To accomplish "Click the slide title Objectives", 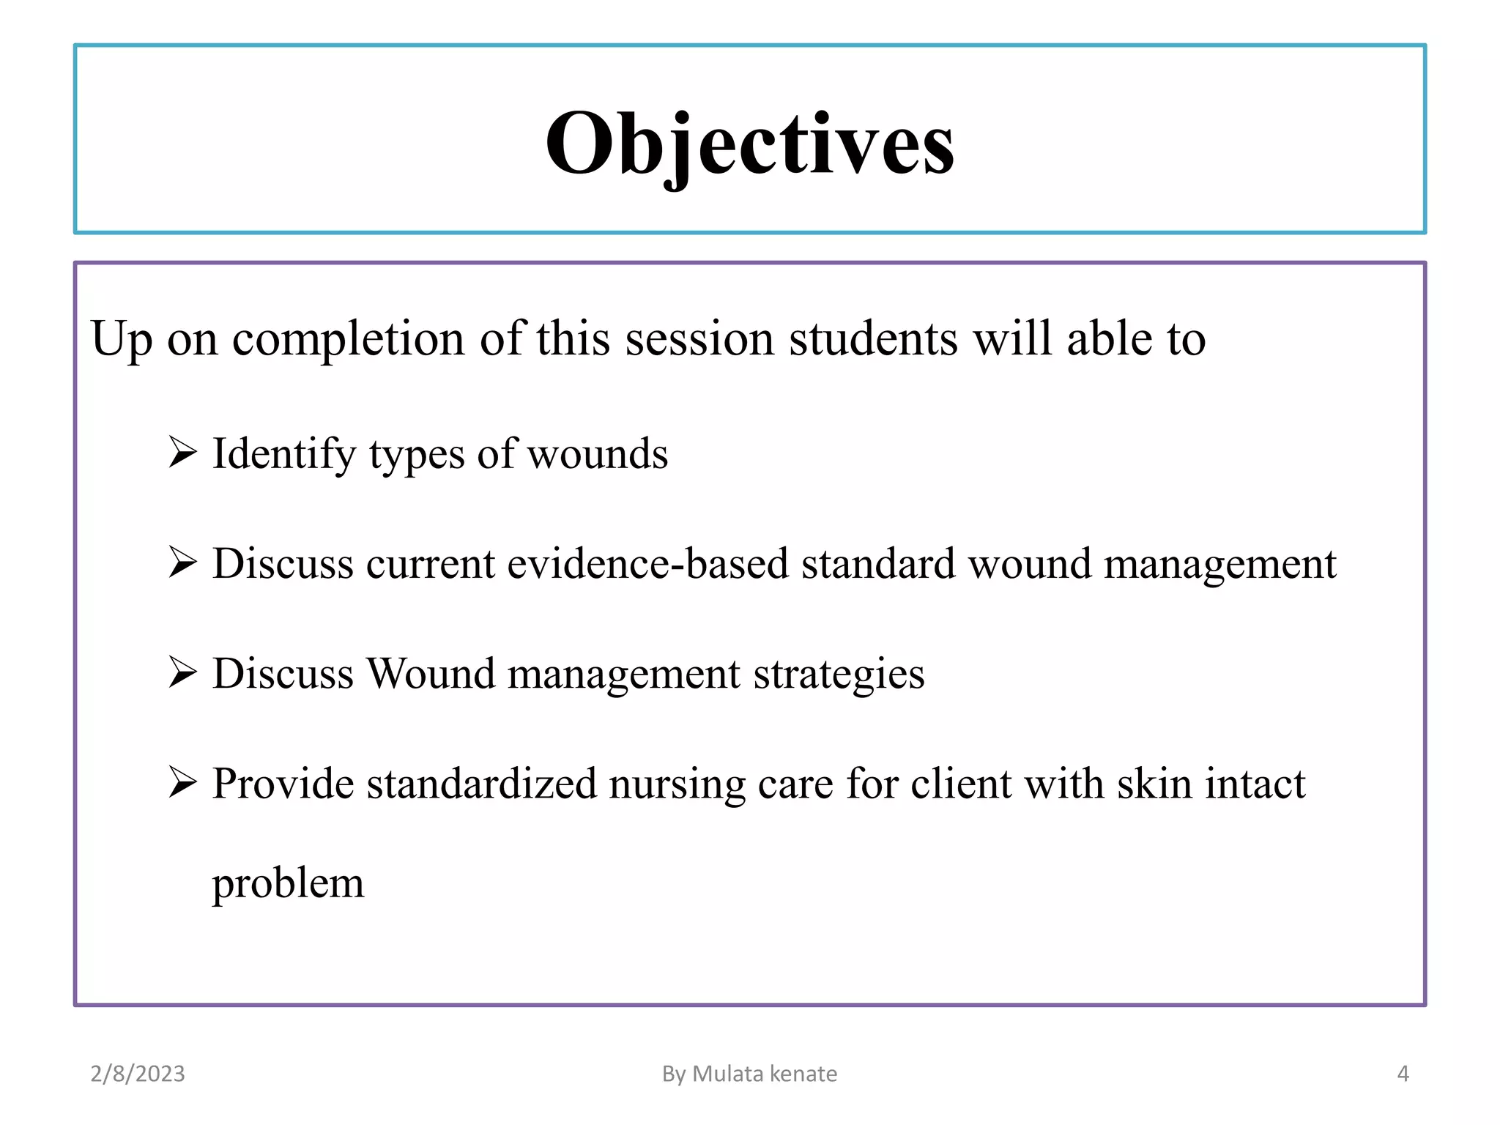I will click(x=749, y=144).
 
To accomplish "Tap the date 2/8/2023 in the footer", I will click(x=138, y=1074).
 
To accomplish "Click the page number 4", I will click(x=1403, y=1074).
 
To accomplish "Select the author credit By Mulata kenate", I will click(x=749, y=1074).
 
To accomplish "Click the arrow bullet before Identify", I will click(x=182, y=452).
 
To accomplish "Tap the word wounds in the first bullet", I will click(x=597, y=455).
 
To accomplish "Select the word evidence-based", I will click(x=647, y=564).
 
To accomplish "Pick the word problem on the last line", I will click(x=288, y=884).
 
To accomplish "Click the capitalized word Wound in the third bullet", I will click(x=431, y=674).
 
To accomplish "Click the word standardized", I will click(x=482, y=784).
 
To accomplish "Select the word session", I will click(x=699, y=339).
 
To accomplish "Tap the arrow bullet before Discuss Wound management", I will click(x=182, y=672).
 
